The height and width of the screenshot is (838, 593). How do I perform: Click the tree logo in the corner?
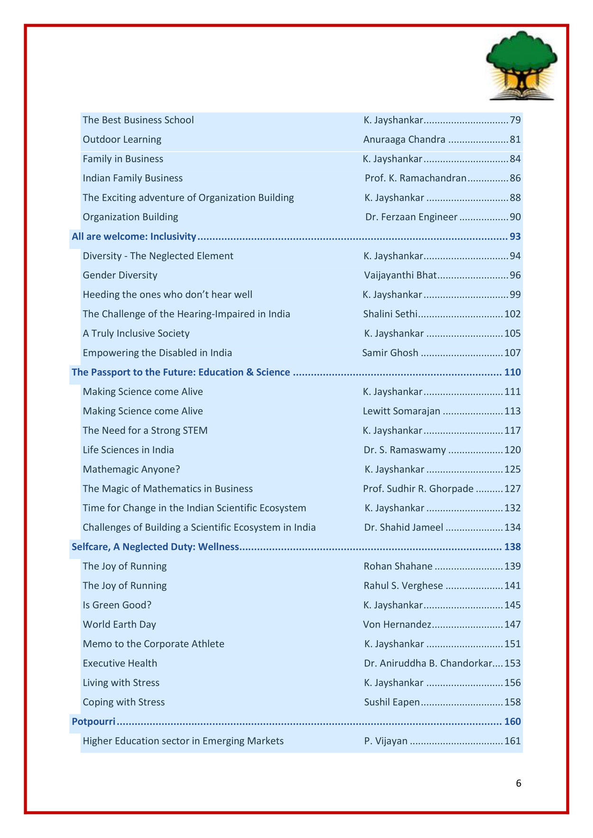pyautogui.click(x=521, y=65)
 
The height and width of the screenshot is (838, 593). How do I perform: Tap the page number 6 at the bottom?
pyautogui.click(x=519, y=783)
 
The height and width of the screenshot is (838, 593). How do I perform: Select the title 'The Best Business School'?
pyautogui.click(x=138, y=120)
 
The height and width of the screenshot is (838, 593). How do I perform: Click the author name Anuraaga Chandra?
pyautogui.click(x=404, y=139)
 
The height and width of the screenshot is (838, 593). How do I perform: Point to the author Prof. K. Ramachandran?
pyautogui.click(x=416, y=178)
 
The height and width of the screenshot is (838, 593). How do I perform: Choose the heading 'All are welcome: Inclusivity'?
pyautogui.click(x=134, y=237)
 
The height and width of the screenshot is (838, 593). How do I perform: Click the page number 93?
pyautogui.click(x=515, y=237)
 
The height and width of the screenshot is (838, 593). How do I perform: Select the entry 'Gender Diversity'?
pyautogui.click(x=120, y=275)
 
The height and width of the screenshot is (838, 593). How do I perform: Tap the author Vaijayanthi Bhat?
pyautogui.click(x=400, y=275)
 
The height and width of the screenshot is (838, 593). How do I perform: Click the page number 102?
pyautogui.click(x=512, y=314)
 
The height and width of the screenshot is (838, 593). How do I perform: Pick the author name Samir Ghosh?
pyautogui.click(x=390, y=353)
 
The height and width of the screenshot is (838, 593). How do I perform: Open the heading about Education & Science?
pyautogui.click(x=181, y=373)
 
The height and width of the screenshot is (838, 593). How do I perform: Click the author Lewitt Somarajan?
pyautogui.click(x=401, y=411)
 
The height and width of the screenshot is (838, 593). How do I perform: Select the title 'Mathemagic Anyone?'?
pyautogui.click(x=131, y=470)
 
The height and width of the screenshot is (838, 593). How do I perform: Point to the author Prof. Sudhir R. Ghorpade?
pyautogui.click(x=418, y=489)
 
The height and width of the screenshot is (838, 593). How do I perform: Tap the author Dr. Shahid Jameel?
pyautogui.click(x=404, y=528)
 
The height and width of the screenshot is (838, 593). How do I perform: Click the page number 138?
pyautogui.click(x=512, y=547)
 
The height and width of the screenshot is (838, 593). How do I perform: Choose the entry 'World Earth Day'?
pyautogui.click(x=119, y=625)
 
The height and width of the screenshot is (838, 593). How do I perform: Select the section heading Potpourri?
pyautogui.click(x=93, y=722)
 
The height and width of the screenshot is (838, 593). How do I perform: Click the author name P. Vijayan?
pyautogui.click(x=386, y=741)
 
